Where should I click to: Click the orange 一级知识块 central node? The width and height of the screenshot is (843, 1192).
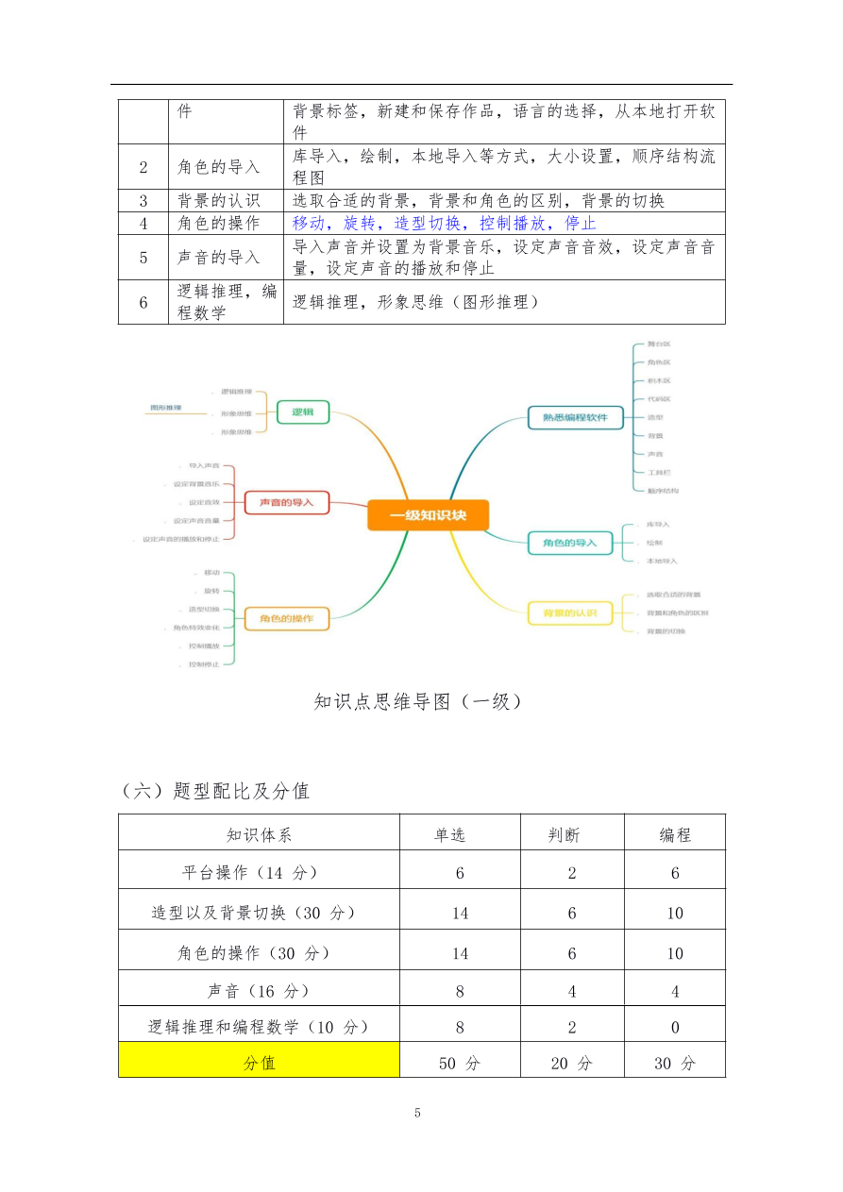point(428,515)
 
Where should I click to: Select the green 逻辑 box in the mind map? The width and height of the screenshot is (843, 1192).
point(302,412)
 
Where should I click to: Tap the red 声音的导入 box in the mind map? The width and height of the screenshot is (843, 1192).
point(286,502)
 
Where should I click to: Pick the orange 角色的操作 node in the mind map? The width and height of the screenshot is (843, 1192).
point(286,619)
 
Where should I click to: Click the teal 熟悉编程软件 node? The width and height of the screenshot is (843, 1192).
point(575,417)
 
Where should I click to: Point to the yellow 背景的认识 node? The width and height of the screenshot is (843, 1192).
point(569,613)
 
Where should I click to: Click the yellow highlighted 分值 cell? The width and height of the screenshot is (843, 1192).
point(259,1063)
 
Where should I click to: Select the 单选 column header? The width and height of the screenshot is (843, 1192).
point(460,834)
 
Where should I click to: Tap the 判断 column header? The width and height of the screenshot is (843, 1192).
point(572,834)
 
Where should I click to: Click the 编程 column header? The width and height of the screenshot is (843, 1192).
point(675,834)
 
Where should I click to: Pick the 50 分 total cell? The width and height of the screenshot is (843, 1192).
point(460,1063)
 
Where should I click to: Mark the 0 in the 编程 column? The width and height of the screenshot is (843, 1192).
point(675,1027)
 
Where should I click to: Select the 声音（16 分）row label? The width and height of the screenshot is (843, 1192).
point(259,991)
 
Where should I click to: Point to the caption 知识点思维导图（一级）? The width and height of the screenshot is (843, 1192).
point(418,701)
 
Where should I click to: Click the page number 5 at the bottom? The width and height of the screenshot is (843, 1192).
point(417,1113)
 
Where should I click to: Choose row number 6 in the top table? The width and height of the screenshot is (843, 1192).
point(143,303)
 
